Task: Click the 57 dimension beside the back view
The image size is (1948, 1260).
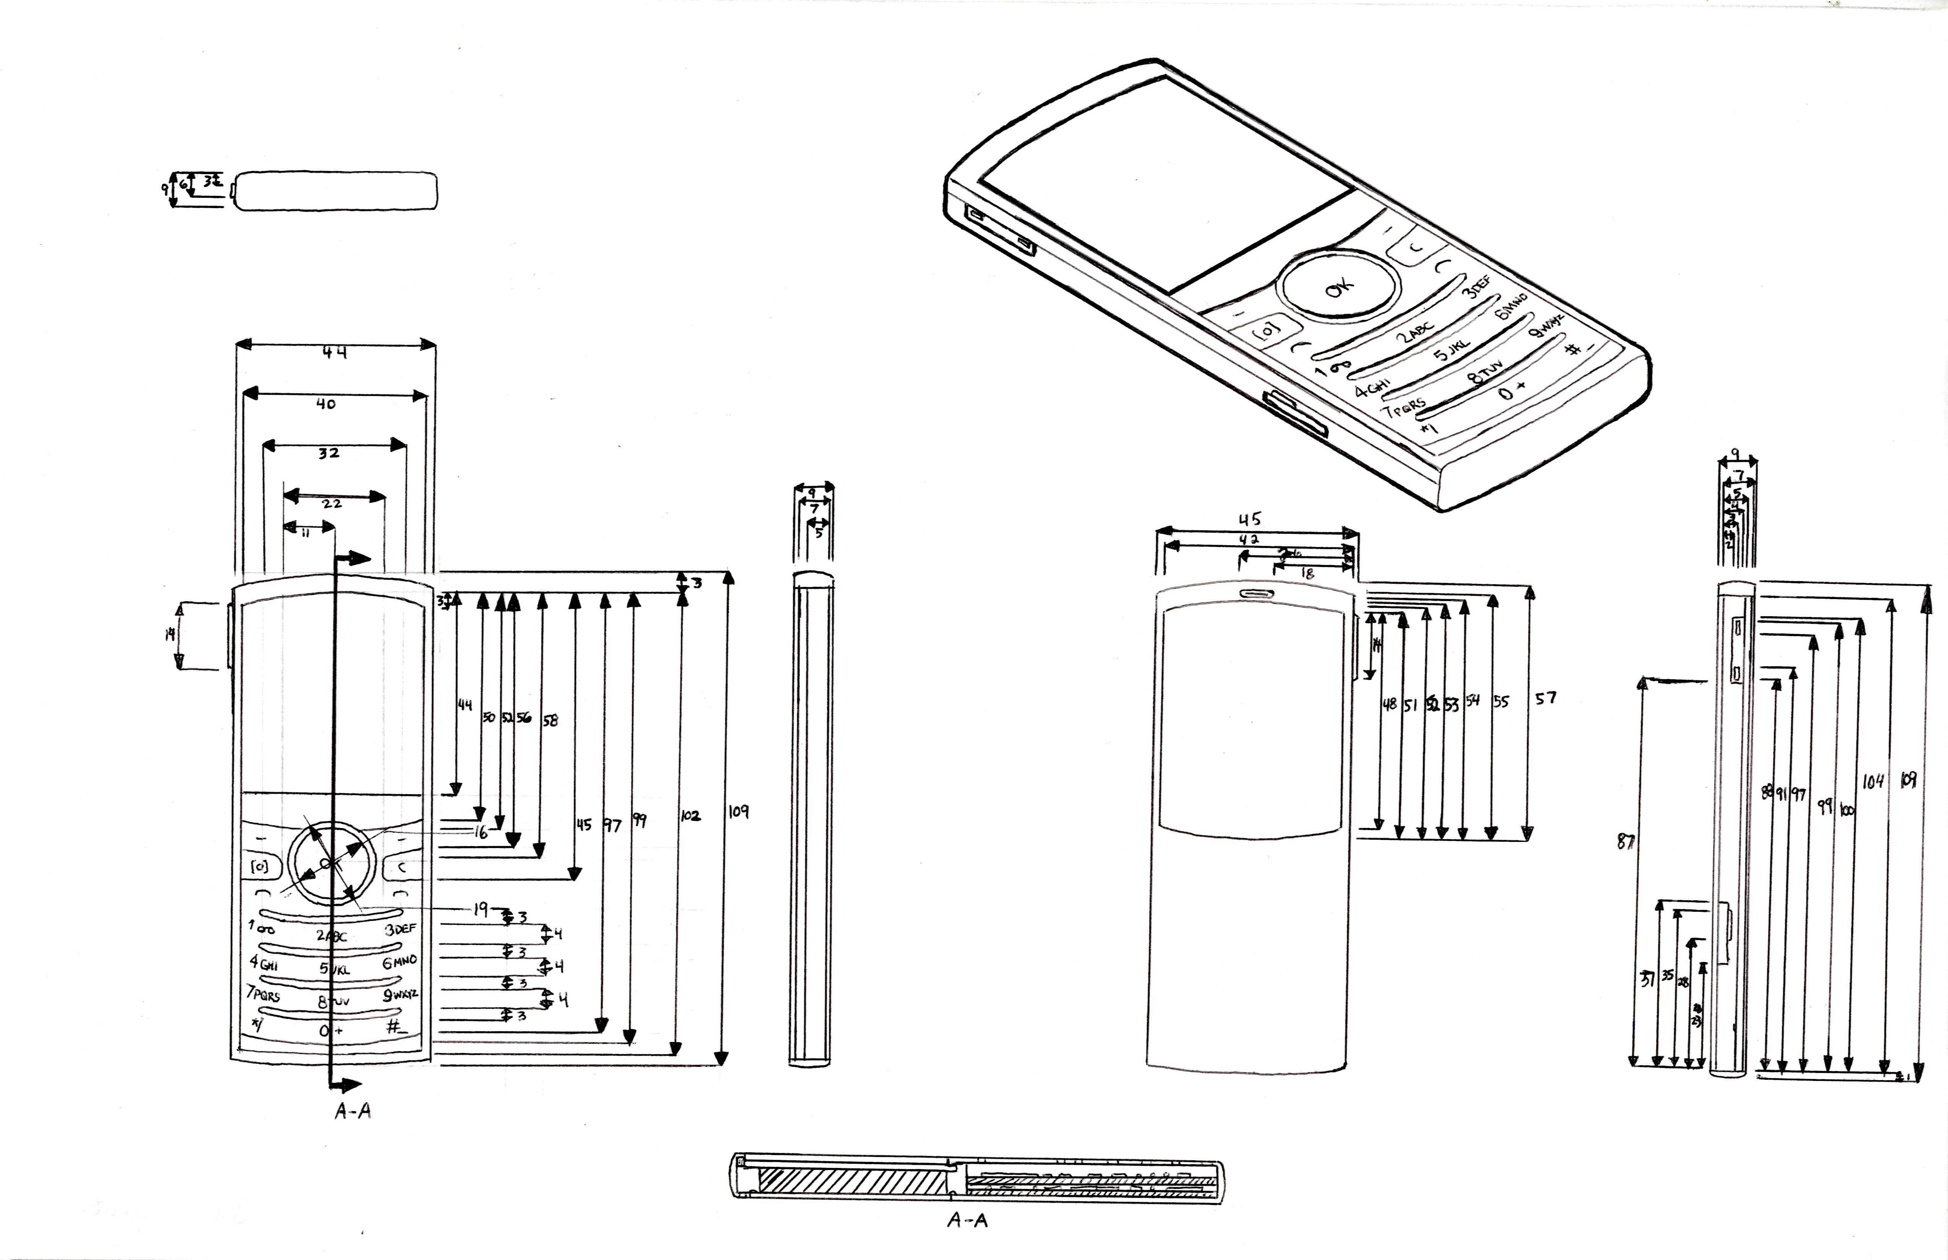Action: coord(1545,698)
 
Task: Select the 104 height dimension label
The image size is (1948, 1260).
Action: coord(1873,781)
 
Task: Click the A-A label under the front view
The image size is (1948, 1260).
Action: coord(353,1111)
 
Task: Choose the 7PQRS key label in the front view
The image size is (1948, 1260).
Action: coord(263,994)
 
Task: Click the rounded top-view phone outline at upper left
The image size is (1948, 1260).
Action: coord(337,191)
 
